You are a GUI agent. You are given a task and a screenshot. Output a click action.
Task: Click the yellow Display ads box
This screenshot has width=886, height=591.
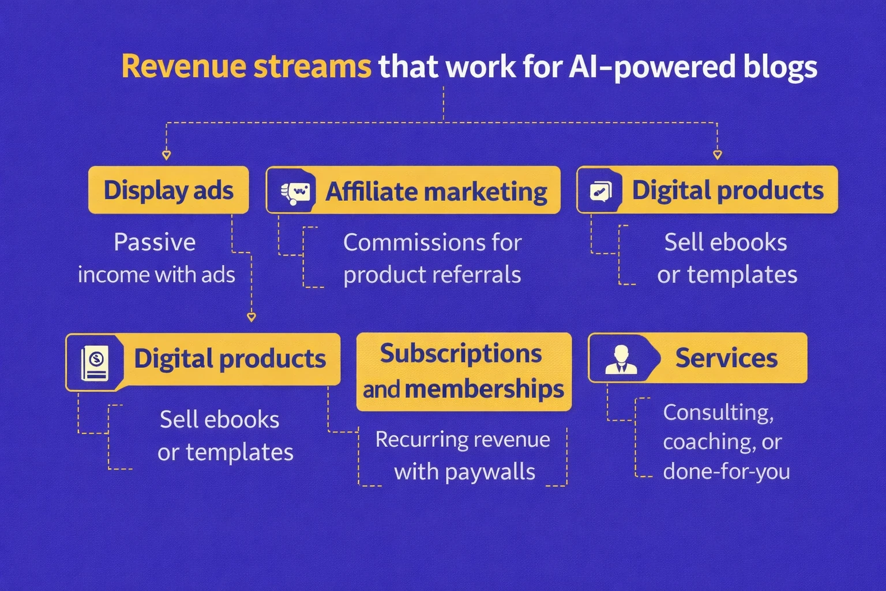(168, 190)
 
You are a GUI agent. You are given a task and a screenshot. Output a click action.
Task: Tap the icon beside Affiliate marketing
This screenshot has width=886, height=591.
(295, 192)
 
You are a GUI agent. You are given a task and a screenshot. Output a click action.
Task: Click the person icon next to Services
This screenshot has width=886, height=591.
(621, 359)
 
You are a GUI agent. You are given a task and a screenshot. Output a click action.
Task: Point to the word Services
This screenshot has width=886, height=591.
(726, 358)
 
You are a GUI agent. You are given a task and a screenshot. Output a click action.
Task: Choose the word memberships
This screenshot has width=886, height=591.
(484, 390)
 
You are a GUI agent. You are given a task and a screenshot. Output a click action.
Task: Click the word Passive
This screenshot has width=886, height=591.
(155, 242)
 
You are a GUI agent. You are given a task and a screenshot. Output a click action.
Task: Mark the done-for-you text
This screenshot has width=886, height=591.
(726, 472)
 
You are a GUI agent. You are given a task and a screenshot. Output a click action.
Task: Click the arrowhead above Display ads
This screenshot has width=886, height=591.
(166, 155)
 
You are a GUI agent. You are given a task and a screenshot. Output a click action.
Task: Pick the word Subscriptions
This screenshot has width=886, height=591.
(461, 354)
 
